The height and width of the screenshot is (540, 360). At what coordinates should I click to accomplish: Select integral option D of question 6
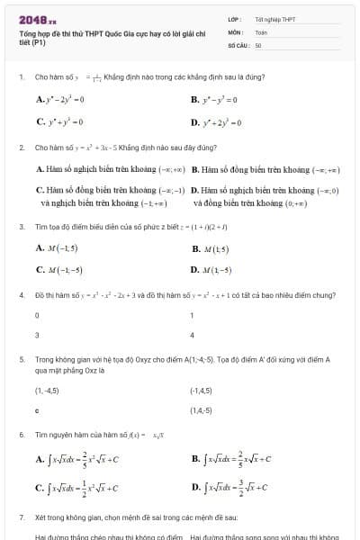[x=233, y=488]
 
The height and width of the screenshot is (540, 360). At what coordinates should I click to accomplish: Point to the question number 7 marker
[x=21, y=519]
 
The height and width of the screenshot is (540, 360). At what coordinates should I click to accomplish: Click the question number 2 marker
[x=21, y=146]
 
